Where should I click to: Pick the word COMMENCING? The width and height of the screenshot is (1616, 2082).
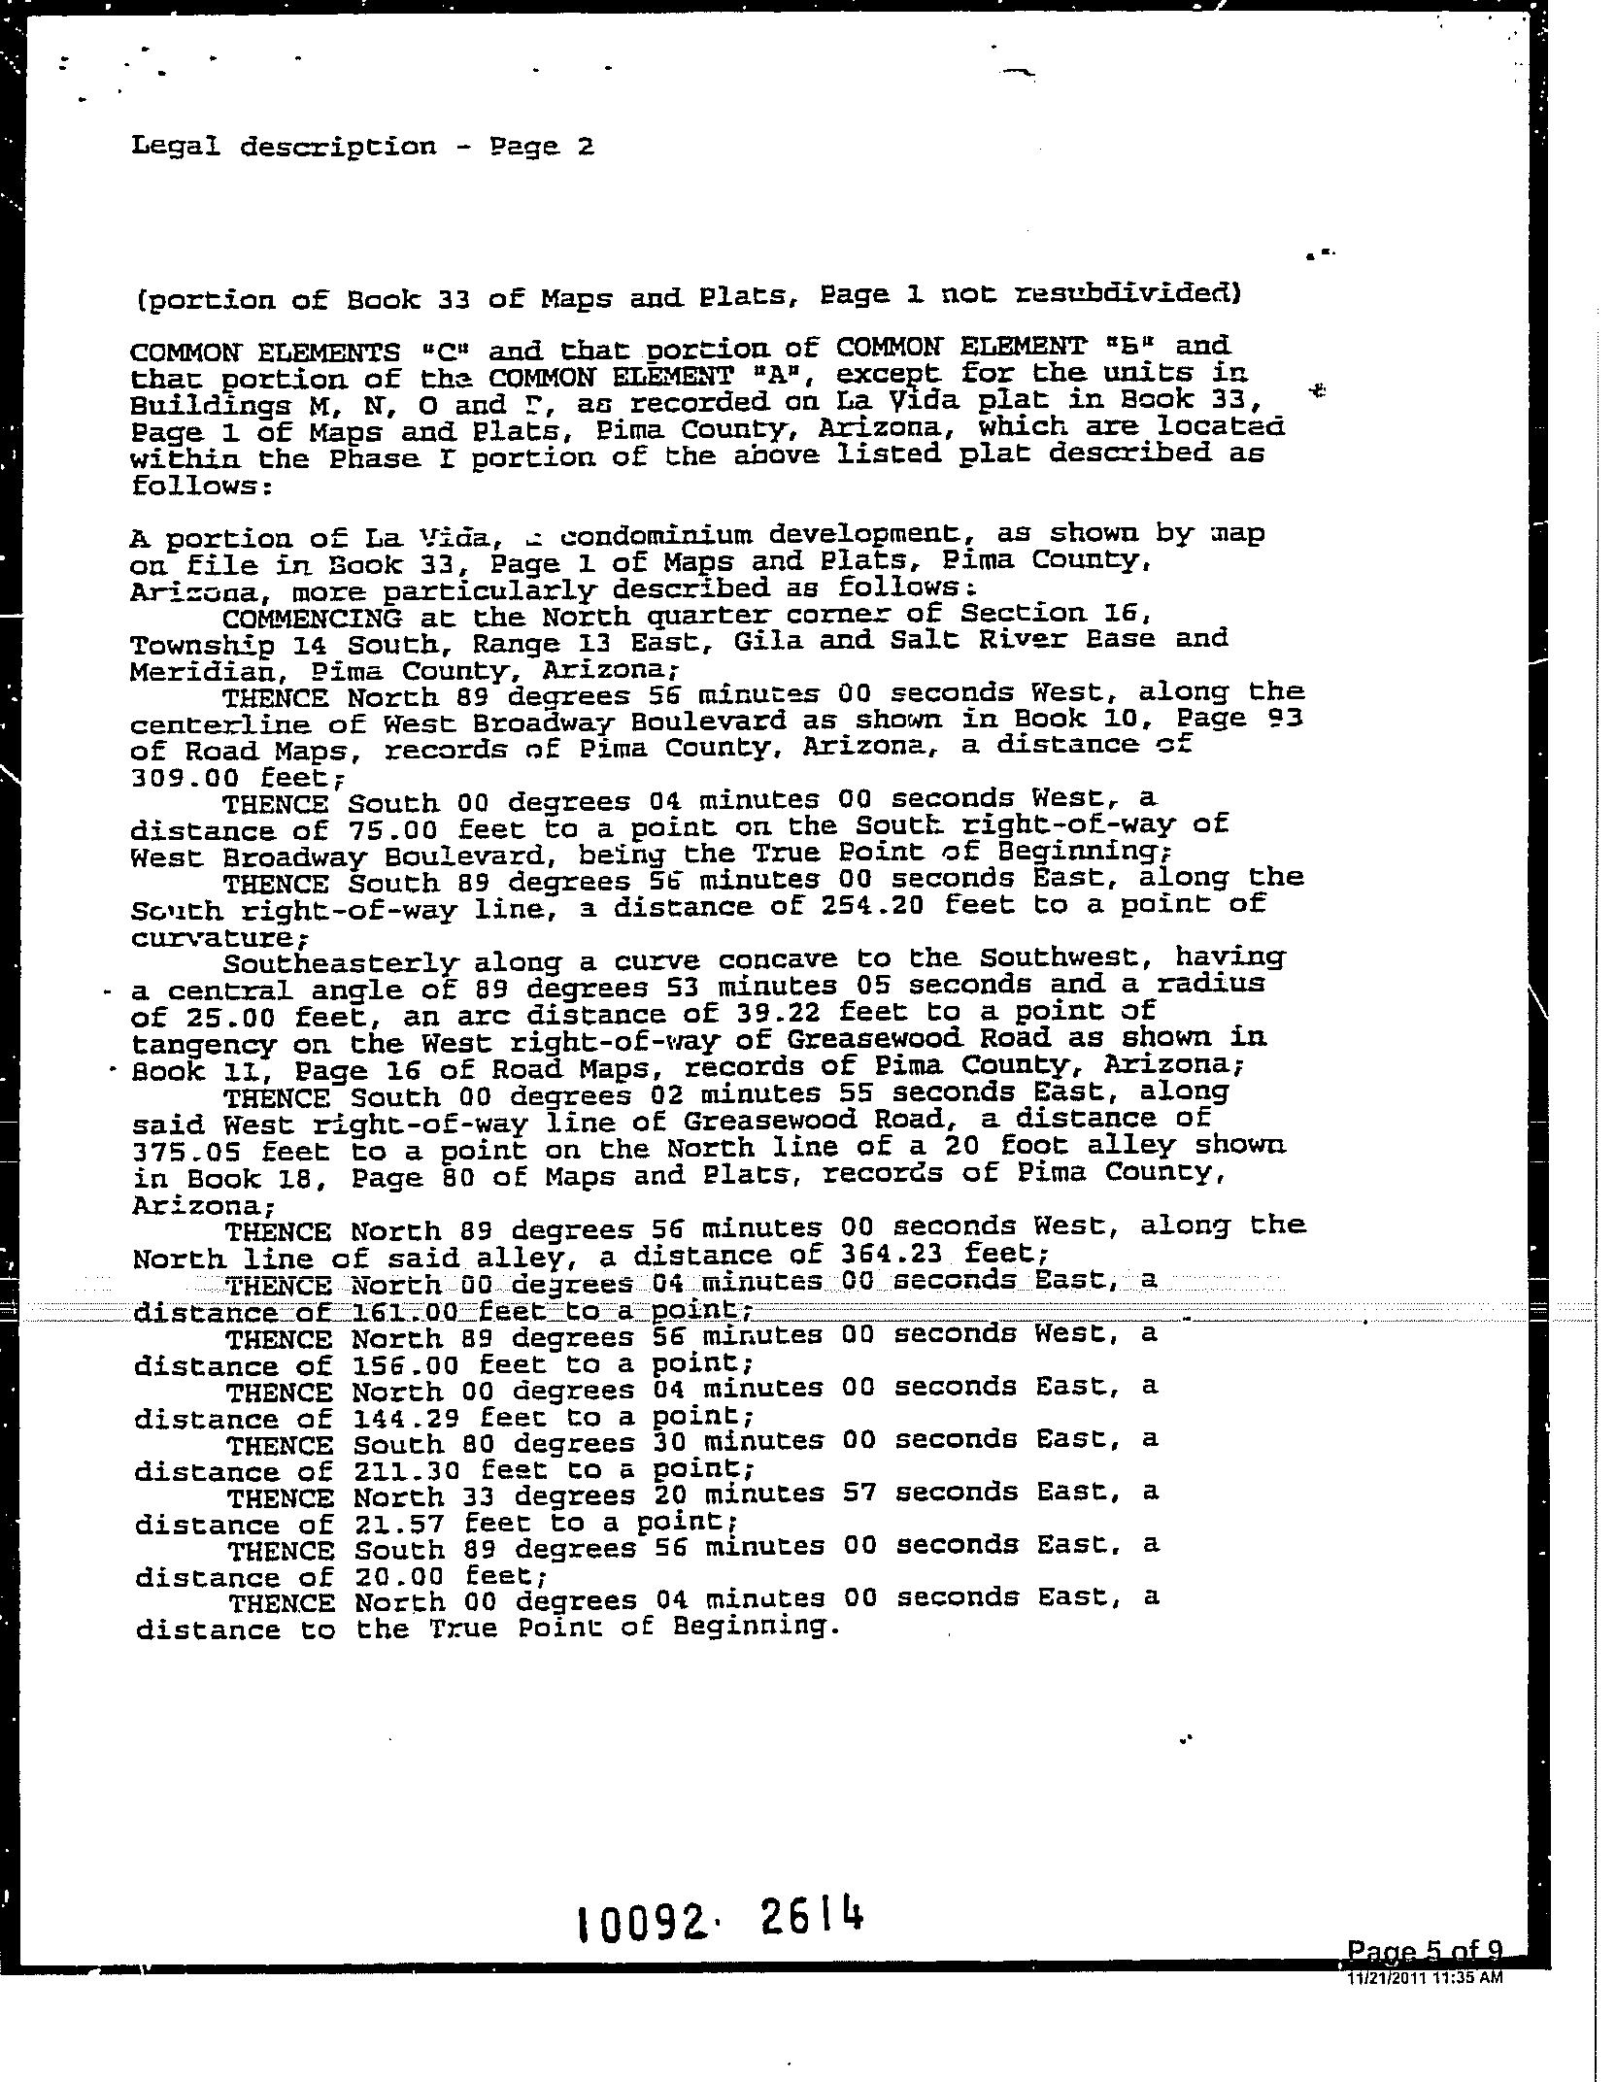tap(312, 618)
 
